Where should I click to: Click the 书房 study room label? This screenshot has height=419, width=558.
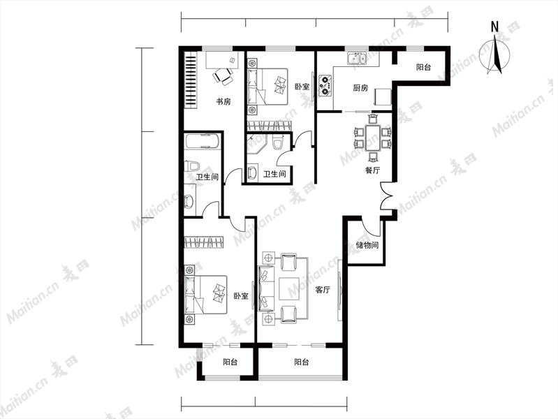(223, 102)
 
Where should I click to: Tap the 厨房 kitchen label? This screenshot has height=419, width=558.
(360, 87)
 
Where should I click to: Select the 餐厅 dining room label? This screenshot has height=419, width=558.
(372, 170)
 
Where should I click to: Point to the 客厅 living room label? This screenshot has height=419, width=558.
(323, 290)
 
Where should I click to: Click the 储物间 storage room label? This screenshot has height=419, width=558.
(367, 245)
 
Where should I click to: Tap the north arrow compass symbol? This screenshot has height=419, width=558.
(494, 56)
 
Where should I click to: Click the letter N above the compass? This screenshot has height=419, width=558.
(494, 27)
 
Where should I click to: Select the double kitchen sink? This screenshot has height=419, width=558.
(357, 59)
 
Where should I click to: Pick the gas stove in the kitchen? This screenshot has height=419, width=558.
(325, 85)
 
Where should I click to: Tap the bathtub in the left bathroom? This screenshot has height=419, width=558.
(203, 141)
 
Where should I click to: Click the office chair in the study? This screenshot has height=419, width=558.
(223, 76)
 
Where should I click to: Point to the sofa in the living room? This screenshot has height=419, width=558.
(267, 288)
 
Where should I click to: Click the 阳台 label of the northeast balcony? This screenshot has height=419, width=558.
(423, 67)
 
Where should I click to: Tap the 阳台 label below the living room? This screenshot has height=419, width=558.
(302, 362)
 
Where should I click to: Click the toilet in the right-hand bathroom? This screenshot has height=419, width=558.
(277, 143)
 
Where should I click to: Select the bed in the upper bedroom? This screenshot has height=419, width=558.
(267, 87)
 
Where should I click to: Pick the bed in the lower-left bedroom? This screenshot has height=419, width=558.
(206, 295)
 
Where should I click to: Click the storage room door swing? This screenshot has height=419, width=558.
(370, 228)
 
